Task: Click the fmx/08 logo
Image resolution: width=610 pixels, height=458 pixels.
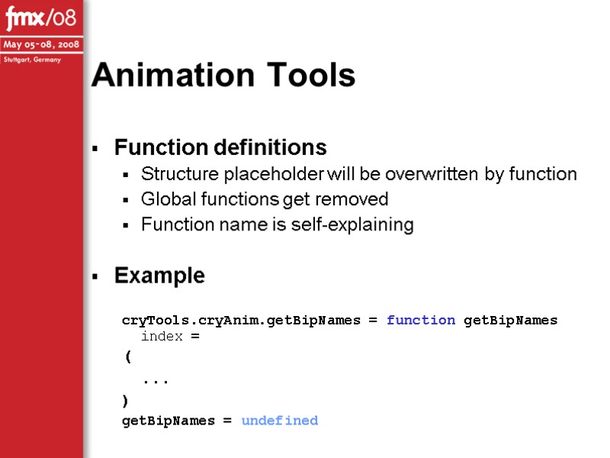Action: coord(41,17)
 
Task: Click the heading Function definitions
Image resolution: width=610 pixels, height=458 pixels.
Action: coord(220,147)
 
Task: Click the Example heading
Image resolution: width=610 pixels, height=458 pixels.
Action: coord(159,276)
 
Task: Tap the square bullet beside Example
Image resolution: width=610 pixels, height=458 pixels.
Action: coord(95,276)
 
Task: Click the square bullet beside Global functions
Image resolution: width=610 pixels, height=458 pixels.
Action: coord(125,201)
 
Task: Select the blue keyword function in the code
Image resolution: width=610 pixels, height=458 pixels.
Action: coord(421,321)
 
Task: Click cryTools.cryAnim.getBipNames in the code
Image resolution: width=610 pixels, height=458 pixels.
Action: coord(241,321)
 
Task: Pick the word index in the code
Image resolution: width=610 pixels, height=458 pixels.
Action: coord(162,337)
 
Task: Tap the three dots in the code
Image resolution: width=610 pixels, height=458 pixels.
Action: coord(156,379)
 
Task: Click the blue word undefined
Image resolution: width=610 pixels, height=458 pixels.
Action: coord(279,421)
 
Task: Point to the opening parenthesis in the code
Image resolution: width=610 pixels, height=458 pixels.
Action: coord(126,356)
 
